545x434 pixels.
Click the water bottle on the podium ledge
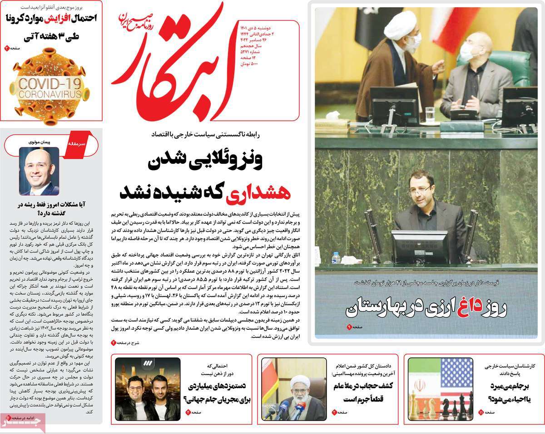coord(336,258)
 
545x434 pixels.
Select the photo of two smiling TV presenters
coord(147,389)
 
